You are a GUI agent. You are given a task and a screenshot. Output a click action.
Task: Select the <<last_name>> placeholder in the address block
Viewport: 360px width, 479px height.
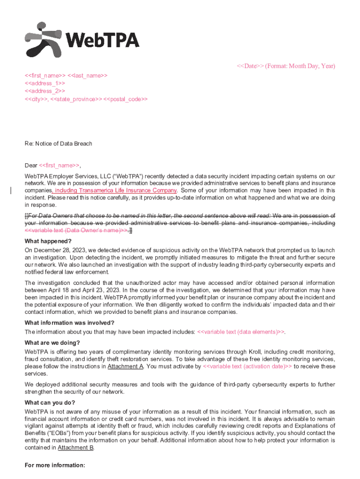(x=87, y=75)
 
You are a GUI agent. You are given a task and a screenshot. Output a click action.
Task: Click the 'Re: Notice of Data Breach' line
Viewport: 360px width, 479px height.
(x=58, y=144)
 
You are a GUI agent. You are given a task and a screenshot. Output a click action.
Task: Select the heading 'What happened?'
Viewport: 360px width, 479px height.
(x=46, y=241)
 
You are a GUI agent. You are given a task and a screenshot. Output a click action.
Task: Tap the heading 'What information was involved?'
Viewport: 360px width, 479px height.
(x=69, y=323)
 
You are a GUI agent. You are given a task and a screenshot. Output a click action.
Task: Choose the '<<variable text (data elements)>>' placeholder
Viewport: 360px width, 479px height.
(x=241, y=332)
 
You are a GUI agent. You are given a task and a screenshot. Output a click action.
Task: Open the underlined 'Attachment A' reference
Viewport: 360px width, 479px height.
(x=125, y=366)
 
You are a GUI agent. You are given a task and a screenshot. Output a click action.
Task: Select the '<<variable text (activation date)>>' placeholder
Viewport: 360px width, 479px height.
(x=247, y=366)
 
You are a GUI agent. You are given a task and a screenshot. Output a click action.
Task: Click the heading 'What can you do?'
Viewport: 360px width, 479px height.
(x=50, y=403)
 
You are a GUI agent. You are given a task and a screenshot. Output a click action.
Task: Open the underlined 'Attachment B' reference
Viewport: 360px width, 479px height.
(x=76, y=448)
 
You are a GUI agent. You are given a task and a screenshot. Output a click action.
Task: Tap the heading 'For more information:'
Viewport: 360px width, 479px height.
(x=55, y=465)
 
